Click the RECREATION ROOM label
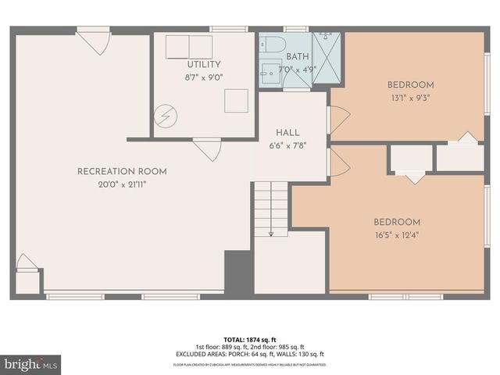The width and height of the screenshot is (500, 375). (x=121, y=171)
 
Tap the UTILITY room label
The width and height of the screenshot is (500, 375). (x=203, y=64)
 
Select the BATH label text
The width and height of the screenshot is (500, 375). (x=297, y=56)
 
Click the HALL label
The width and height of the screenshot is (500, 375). (x=287, y=133)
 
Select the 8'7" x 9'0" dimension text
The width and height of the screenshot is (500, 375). (x=203, y=77)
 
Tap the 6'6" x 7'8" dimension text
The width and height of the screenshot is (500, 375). (x=287, y=145)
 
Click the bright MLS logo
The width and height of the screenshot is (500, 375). (x=31, y=363)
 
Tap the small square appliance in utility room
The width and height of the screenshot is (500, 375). (x=236, y=100)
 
